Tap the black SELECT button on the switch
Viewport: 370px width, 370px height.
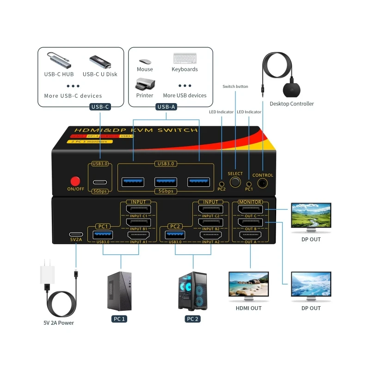(235, 182)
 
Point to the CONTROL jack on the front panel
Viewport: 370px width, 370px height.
(263, 183)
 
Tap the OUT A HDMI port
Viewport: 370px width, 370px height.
(250, 235)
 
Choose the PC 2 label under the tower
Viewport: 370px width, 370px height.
(192, 319)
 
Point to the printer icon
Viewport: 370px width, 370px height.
(144, 85)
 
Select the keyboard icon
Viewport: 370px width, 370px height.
(185, 59)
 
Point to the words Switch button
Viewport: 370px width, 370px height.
(235, 86)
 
